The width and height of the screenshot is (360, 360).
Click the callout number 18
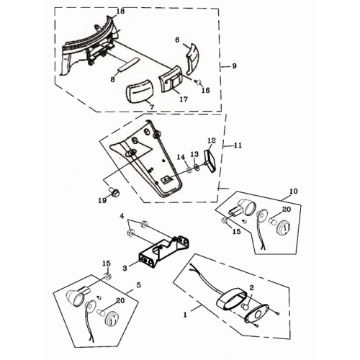121,12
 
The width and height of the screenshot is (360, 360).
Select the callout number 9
234,66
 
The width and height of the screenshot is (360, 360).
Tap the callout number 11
238,145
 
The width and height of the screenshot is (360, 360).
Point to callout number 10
294,192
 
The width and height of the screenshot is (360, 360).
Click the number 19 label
102,200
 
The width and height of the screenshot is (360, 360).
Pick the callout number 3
125,268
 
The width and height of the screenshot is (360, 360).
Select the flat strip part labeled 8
128,64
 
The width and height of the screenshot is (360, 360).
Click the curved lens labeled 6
193,59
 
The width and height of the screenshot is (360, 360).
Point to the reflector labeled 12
210,161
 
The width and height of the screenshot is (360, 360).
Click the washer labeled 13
197,166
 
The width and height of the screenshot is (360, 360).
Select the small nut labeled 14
189,171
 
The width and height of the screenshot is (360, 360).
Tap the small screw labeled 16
199,83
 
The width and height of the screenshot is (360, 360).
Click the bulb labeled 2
244,307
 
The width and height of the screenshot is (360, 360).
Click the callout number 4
122,216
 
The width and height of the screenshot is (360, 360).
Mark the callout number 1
185,315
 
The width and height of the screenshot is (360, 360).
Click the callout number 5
138,286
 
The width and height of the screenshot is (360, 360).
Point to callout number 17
184,99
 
